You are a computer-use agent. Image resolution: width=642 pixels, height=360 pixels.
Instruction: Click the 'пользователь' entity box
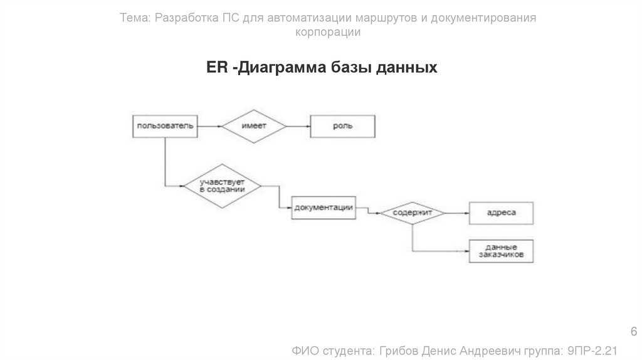(x=166, y=126)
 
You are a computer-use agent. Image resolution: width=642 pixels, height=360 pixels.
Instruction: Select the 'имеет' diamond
(x=253, y=126)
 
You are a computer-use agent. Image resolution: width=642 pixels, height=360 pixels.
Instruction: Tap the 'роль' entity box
(x=342, y=126)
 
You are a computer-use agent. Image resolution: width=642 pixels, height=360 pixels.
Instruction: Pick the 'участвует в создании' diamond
(x=222, y=185)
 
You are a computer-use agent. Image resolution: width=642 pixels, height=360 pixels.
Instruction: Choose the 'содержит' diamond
(x=413, y=213)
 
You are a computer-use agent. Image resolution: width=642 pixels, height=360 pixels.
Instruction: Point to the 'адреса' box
(x=501, y=213)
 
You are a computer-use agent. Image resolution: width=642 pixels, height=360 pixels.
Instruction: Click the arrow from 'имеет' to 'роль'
(x=298, y=126)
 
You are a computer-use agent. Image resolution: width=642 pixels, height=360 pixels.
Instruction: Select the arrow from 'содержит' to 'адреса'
(x=458, y=213)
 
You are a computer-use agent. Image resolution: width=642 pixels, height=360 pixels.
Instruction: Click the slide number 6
(x=633, y=331)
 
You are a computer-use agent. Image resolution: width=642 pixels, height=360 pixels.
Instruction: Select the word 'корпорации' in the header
(x=328, y=32)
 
